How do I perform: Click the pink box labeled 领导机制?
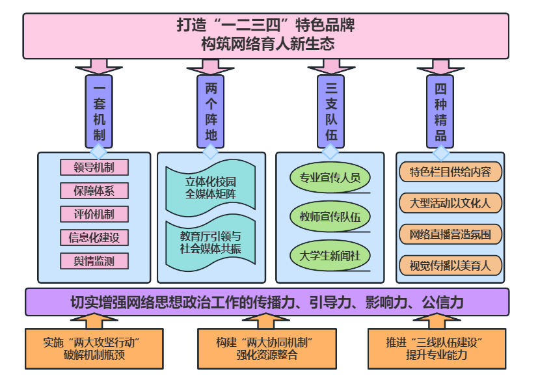click(94, 168)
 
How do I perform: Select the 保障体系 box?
click(94, 191)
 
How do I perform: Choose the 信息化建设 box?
click(94, 238)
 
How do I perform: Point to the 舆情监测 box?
click(94, 262)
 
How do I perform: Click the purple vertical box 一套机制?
click(99, 111)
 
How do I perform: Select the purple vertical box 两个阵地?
click(211, 111)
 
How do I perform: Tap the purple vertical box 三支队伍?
click(330, 111)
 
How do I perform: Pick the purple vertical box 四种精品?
click(441, 111)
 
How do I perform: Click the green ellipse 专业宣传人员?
click(330, 178)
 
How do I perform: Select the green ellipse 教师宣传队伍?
click(330, 217)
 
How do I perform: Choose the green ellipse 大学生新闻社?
click(330, 256)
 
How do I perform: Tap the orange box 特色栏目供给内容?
click(451, 172)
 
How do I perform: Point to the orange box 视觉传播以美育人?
click(451, 265)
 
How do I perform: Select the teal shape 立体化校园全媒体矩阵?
click(211, 188)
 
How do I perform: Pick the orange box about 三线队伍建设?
click(437, 349)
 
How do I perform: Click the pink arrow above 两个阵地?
click(211, 65)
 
